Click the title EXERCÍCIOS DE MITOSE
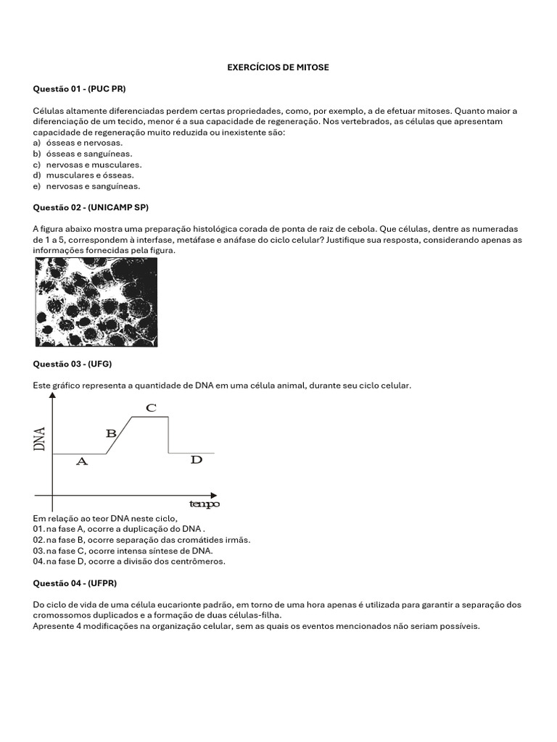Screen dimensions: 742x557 tap(278, 67)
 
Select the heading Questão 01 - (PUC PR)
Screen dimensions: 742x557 tap(79, 89)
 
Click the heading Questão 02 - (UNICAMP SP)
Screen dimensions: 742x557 tap(91, 207)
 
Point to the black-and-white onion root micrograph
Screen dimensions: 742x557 tap(96, 302)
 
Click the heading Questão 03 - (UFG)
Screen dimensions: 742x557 tap(73, 364)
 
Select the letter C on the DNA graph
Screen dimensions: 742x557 tap(151, 408)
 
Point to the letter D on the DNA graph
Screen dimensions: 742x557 tap(196, 460)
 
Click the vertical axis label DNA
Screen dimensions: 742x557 tap(40, 439)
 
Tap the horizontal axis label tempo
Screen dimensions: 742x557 tap(204, 504)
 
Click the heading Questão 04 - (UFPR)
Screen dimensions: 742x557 tap(75, 583)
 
